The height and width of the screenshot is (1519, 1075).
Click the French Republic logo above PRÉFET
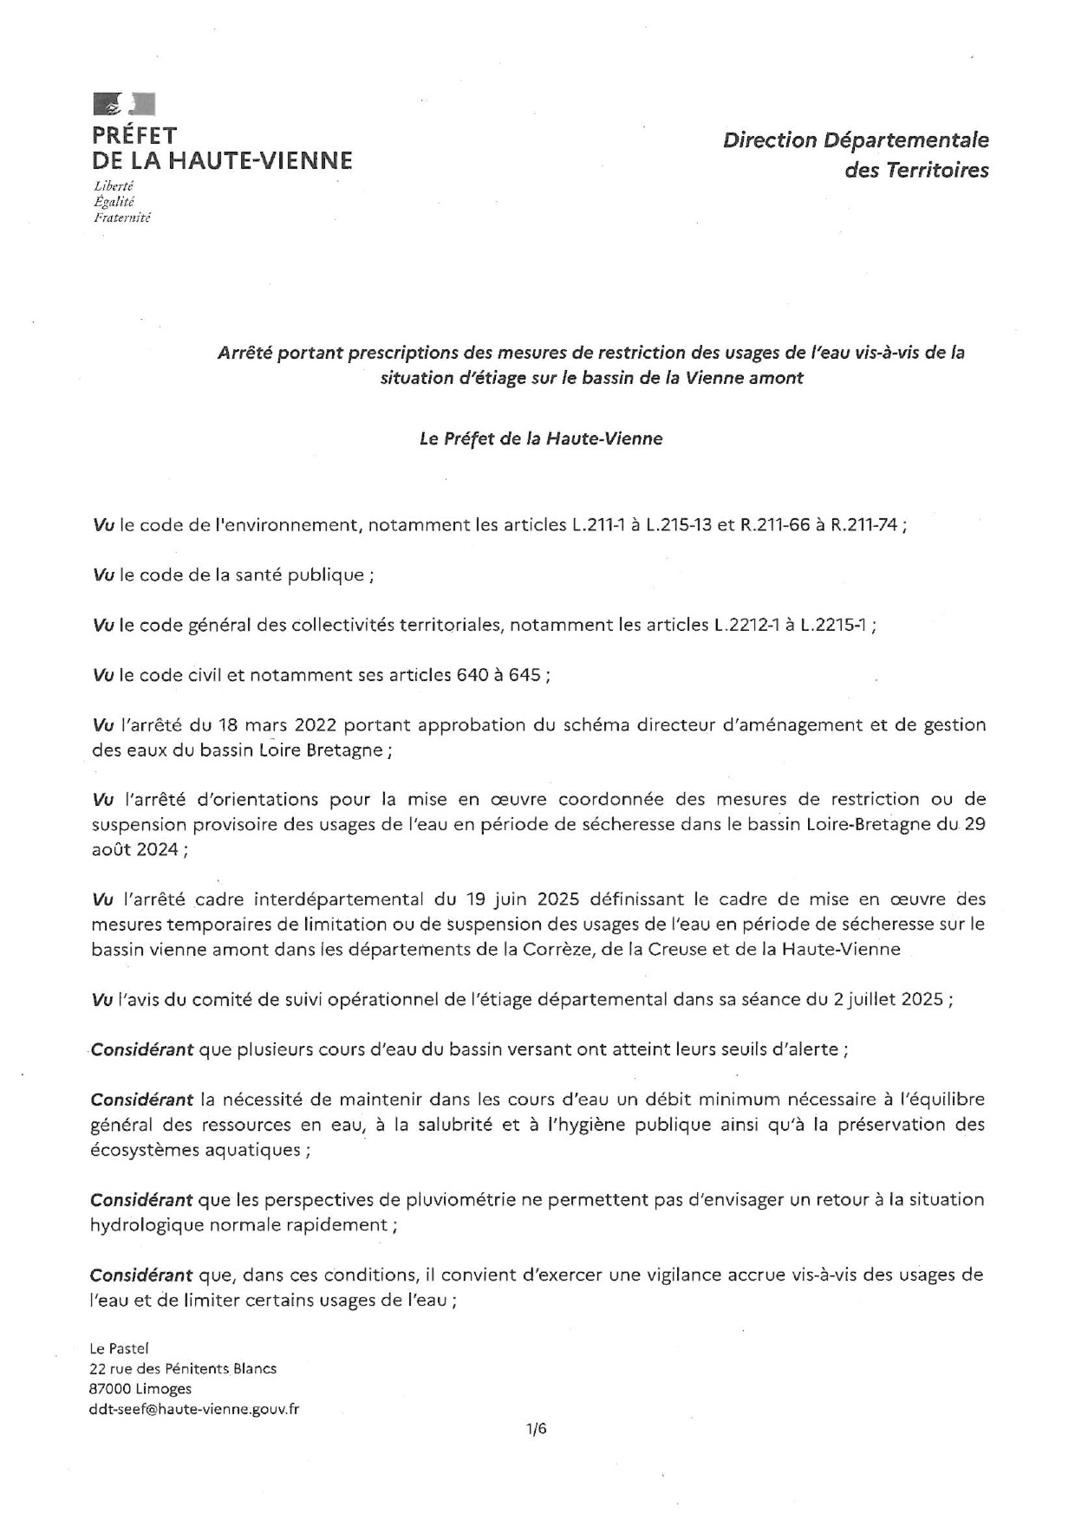123,104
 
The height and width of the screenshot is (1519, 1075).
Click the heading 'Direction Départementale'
856,140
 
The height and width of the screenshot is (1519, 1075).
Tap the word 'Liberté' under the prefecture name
114,186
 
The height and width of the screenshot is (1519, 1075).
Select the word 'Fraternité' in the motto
121,218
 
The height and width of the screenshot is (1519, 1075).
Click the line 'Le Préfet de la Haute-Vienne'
540,439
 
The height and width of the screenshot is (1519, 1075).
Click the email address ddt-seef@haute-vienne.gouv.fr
194,1409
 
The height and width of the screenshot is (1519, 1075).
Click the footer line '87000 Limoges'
140,1389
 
